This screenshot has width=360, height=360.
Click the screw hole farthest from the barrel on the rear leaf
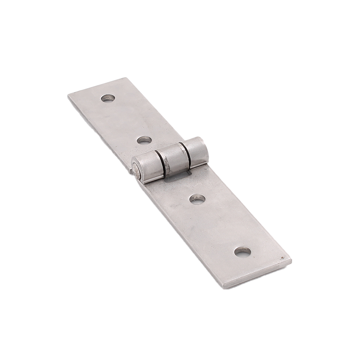[107, 98]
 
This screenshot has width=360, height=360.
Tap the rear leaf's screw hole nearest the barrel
[144, 140]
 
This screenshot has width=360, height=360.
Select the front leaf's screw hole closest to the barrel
[196, 198]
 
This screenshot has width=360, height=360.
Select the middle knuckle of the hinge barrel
[174, 158]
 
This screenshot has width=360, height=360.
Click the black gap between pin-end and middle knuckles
[161, 162]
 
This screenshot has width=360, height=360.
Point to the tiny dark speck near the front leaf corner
[282, 258]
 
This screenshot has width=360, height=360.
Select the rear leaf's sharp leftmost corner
[68, 96]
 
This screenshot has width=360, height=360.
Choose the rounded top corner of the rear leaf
[126, 79]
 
